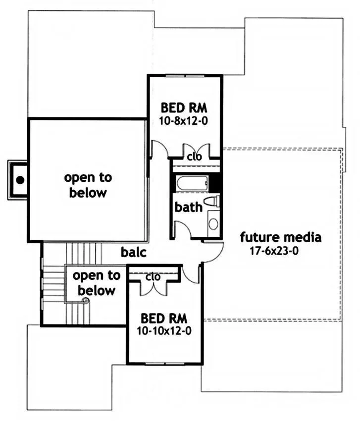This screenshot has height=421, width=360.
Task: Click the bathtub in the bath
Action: click(x=193, y=184)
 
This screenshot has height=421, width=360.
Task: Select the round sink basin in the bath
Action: click(x=213, y=224)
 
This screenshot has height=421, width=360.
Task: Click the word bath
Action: click(x=189, y=207)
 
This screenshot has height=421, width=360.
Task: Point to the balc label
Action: click(x=134, y=252)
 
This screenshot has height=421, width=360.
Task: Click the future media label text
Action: click(x=281, y=237)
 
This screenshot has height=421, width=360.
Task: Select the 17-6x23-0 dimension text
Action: click(x=274, y=251)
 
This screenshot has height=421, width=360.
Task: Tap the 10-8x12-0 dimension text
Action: click(x=184, y=121)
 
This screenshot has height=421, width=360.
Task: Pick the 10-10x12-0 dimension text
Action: click(x=164, y=331)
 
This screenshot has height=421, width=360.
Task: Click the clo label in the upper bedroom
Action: click(x=195, y=157)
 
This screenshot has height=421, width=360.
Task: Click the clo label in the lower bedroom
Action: click(x=153, y=277)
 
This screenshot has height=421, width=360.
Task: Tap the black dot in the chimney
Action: click(x=20, y=180)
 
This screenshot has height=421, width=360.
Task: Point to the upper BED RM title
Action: click(x=184, y=108)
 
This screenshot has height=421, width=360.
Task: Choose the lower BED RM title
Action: click(x=164, y=318)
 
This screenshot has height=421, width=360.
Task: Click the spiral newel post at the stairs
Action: click(x=86, y=301)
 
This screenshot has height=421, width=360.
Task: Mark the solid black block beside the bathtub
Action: click(x=215, y=184)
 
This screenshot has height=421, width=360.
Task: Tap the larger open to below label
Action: click(x=88, y=185)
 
